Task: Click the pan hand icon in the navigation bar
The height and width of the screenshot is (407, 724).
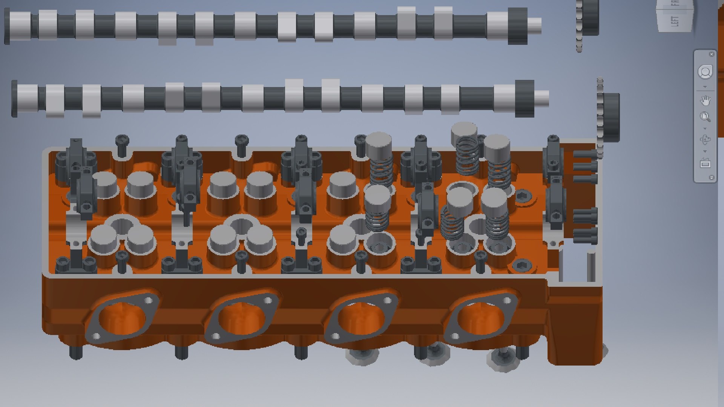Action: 705,101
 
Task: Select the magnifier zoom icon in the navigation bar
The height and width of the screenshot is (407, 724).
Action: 705,117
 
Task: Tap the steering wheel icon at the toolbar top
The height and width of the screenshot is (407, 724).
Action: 705,72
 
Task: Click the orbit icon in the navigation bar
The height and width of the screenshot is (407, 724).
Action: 705,140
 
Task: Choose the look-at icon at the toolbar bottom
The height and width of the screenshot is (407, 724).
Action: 705,164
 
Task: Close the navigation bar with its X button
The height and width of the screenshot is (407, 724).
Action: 712,54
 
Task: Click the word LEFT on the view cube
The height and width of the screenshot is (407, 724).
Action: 675,21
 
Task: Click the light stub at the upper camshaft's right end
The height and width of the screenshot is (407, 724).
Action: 534,26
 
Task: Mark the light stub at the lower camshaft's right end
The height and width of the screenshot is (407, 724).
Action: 541,98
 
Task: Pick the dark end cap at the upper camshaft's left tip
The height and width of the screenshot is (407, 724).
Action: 7,26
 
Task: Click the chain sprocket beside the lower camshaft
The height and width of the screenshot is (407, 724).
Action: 610,117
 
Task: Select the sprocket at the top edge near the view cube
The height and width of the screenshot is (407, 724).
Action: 589,17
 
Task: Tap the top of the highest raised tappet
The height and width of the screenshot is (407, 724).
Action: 465,130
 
